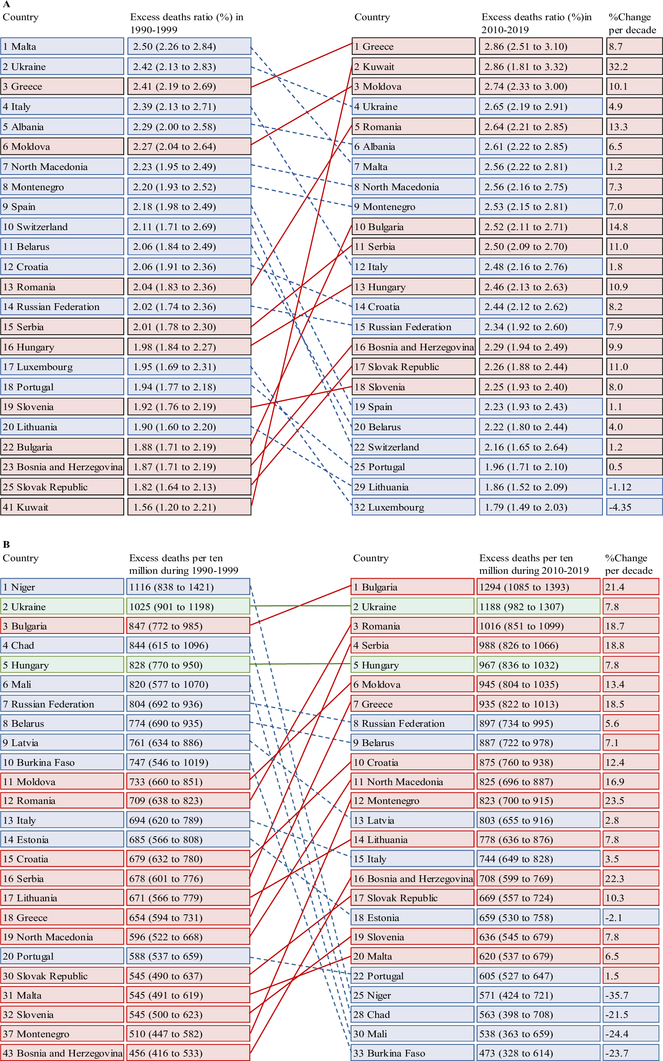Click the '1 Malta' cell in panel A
(x=62, y=47)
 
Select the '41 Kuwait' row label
(x=62, y=507)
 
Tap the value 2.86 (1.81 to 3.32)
(x=540, y=67)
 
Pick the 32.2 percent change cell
(x=634, y=67)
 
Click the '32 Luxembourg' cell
(x=413, y=507)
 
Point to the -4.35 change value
(x=634, y=507)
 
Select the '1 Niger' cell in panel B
(x=62, y=587)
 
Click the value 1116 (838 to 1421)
(x=188, y=587)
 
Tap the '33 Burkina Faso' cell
(x=412, y=1053)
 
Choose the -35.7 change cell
(x=631, y=995)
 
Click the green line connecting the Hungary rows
(x=300, y=664)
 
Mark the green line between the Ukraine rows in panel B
(x=300, y=606)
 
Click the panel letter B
(x=6, y=544)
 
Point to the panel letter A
(x=6, y=4)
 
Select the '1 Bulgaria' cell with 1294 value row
(x=412, y=587)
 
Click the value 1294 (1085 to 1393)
(x=537, y=587)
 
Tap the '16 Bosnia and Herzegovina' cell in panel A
(x=413, y=347)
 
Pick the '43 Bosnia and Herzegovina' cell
(x=62, y=1053)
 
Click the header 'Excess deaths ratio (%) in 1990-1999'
(x=186, y=23)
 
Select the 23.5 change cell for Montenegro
(x=631, y=800)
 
